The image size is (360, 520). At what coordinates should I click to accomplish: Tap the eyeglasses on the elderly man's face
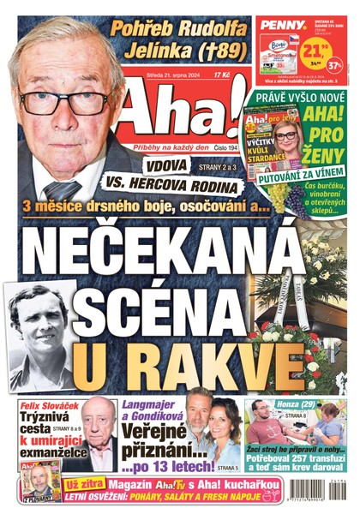[64, 102]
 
